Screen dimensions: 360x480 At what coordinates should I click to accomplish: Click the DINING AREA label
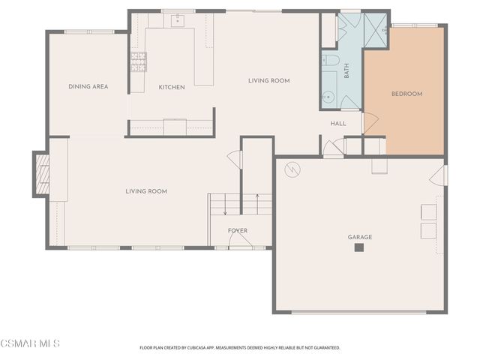click(x=88, y=87)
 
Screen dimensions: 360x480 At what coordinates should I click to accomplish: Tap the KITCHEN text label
click(x=172, y=88)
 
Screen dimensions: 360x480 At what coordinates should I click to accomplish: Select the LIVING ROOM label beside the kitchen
click(x=269, y=81)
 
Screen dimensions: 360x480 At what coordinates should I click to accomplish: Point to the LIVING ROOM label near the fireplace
click(x=146, y=192)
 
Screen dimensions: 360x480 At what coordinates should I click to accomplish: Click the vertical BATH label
click(x=346, y=72)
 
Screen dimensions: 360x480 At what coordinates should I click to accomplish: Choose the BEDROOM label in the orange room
click(x=407, y=94)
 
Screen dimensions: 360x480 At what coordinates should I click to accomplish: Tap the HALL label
click(x=338, y=124)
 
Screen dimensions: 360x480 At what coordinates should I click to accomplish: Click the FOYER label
click(x=238, y=231)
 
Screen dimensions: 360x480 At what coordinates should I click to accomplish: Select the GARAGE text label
click(x=360, y=237)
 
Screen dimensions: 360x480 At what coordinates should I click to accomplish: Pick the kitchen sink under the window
click(x=178, y=20)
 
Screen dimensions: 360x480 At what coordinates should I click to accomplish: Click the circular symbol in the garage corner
click(x=292, y=171)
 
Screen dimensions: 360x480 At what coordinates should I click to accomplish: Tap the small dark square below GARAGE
click(x=359, y=248)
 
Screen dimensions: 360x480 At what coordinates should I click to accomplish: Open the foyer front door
click(x=238, y=241)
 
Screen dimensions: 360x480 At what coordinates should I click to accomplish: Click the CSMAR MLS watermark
click(x=30, y=343)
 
